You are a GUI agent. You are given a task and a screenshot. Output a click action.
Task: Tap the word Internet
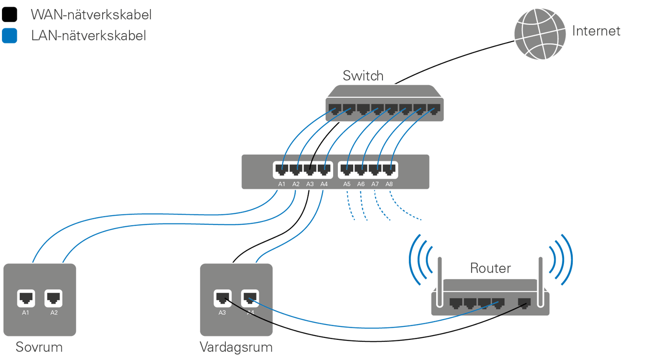(596, 32)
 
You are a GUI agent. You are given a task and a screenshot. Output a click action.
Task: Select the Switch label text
(363, 76)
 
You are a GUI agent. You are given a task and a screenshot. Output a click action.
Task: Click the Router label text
(490, 268)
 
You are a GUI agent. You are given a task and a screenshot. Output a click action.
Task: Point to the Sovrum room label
(39, 347)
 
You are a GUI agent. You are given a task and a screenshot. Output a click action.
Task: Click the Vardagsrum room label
(236, 347)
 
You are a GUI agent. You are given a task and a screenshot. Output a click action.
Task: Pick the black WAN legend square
(9, 15)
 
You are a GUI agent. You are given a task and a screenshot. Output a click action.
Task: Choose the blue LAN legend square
(9, 36)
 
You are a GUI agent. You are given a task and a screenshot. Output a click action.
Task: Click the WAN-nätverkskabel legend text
(91, 15)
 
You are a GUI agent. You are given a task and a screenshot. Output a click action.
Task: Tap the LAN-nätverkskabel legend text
(88, 36)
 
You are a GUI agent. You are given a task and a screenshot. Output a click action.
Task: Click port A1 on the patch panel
(281, 169)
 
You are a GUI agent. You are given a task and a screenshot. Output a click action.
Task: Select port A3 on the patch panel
(310, 169)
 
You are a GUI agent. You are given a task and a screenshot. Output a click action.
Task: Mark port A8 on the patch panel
(389, 169)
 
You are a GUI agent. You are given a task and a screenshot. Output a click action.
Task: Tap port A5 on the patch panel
(347, 169)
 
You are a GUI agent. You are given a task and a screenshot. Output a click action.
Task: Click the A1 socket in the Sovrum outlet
(26, 298)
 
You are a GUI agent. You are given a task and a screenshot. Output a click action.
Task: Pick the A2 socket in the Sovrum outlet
(53, 298)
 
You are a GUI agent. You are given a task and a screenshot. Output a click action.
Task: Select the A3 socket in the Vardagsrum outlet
(222, 298)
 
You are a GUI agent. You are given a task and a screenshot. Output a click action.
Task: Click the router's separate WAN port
(525, 303)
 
